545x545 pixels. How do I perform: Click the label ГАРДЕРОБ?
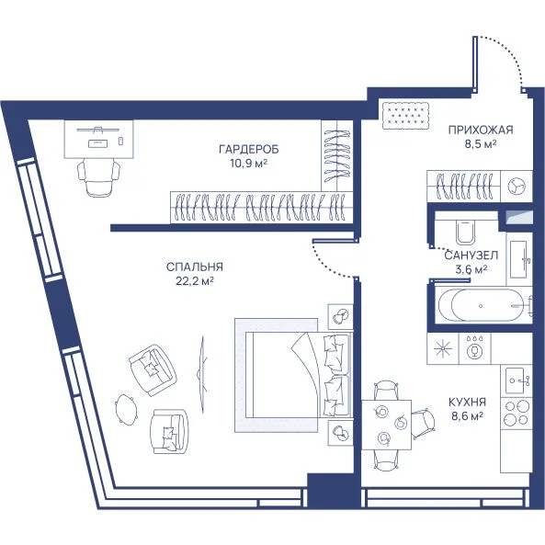tap(249, 150)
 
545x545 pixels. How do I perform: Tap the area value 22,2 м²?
tap(195, 281)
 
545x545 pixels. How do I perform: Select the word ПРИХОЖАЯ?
tap(481, 130)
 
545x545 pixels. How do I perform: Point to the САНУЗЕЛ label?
tap(471, 255)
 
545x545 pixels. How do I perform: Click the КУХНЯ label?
tap(467, 403)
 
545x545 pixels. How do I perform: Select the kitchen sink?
tap(517, 380)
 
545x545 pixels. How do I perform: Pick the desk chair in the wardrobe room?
tap(98, 176)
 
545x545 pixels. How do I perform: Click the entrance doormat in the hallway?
tap(405, 116)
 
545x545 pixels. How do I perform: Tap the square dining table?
tap(386, 425)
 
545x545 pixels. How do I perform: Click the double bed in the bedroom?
tap(296, 375)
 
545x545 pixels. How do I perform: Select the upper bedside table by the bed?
tap(340, 316)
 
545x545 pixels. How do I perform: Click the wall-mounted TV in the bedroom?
tap(202, 374)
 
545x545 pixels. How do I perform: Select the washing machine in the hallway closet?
tap(517, 187)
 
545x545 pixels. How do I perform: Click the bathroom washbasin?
tap(519, 258)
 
